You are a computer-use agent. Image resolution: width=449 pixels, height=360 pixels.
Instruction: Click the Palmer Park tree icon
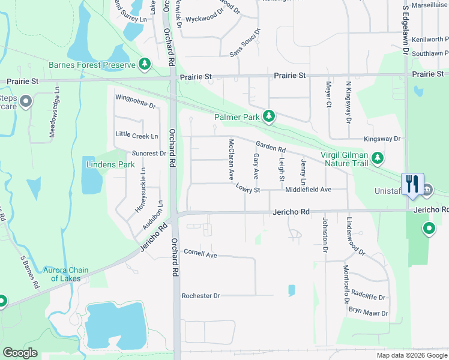tap(270, 116)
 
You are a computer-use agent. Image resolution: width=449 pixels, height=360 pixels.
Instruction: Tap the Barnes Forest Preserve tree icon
tap(145, 64)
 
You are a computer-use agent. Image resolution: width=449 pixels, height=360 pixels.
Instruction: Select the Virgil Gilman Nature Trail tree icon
tap(377, 158)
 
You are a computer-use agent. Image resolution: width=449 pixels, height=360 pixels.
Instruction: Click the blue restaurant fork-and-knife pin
tap(412, 183)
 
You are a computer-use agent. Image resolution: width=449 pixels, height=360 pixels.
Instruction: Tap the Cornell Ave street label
tap(200, 254)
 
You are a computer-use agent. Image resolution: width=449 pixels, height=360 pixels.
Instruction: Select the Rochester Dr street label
tap(201, 296)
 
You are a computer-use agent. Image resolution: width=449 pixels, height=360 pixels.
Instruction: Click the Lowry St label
tap(247, 190)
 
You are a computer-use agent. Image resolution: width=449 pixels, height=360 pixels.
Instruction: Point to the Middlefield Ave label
tap(308, 190)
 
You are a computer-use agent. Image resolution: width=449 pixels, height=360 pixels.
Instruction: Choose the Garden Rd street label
tap(270, 146)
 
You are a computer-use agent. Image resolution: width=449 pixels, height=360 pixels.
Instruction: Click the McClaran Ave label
tap(231, 160)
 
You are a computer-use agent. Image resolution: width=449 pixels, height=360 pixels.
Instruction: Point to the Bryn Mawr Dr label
tap(369, 313)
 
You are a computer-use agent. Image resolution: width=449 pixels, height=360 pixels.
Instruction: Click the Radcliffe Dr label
tap(368, 297)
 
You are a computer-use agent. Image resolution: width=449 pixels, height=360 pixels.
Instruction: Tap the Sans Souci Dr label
tap(246, 43)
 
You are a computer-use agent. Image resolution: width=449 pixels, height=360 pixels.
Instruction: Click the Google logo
tap(20, 353)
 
